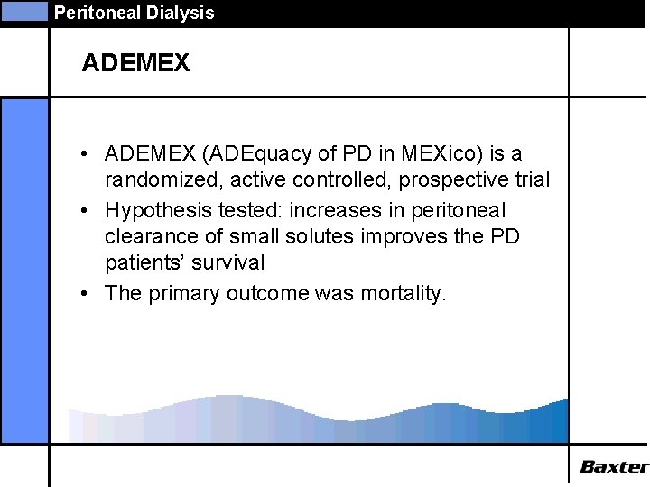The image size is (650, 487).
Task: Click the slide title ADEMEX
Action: (x=135, y=63)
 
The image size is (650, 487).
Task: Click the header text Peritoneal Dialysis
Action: (x=134, y=13)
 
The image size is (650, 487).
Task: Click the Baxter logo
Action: (x=614, y=466)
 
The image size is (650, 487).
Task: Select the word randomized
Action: (x=157, y=180)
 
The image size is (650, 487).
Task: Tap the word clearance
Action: (x=150, y=237)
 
